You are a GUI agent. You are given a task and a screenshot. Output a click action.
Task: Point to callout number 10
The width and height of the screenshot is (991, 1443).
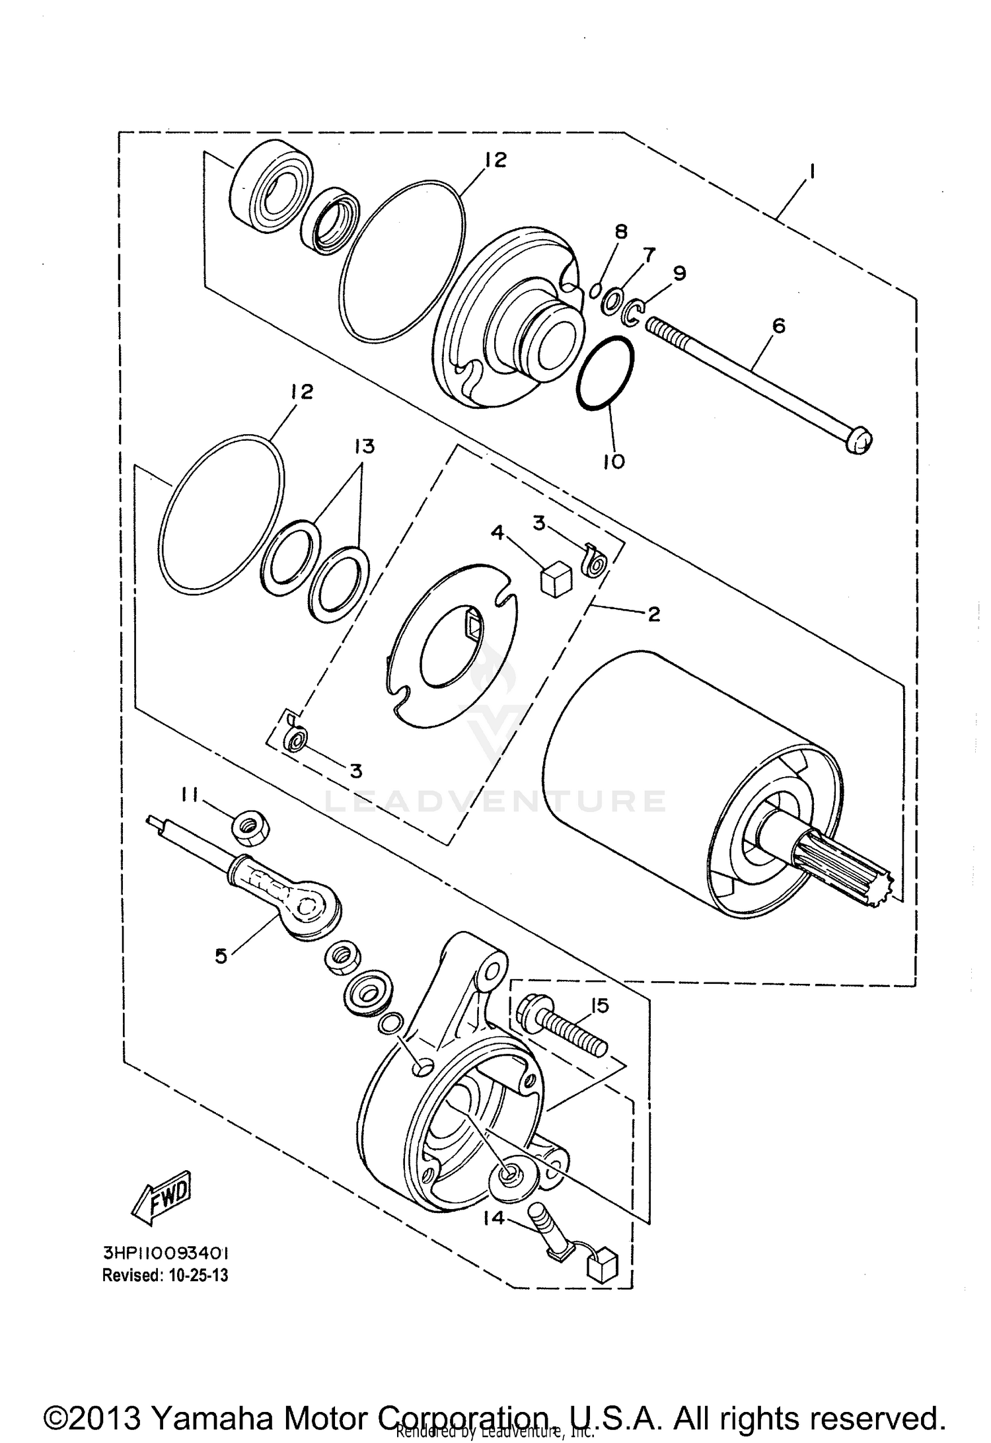(x=613, y=461)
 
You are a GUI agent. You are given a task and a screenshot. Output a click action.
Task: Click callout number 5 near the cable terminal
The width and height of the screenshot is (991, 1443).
(x=221, y=956)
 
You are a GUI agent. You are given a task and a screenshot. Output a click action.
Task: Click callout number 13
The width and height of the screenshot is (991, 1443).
(x=363, y=447)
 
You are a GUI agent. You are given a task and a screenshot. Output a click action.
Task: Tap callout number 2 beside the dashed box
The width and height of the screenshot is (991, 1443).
(x=653, y=614)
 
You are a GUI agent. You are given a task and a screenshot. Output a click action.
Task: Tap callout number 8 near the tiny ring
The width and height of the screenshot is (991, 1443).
(x=620, y=232)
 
